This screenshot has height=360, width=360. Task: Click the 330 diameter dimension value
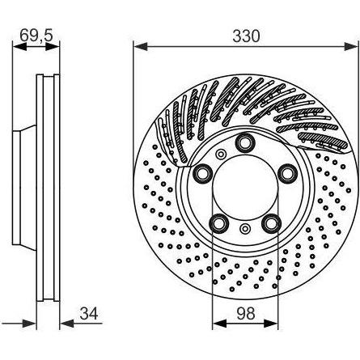(x=246, y=36)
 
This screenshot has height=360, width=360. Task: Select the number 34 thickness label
(x=89, y=313)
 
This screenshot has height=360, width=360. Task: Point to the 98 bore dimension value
(x=246, y=313)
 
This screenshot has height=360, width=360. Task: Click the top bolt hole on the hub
(x=245, y=142)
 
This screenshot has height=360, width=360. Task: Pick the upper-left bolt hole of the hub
(x=203, y=173)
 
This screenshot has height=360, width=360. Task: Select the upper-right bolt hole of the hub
(x=286, y=173)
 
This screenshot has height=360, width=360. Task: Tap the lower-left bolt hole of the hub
(x=219, y=222)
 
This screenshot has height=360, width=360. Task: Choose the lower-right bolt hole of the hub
(x=271, y=222)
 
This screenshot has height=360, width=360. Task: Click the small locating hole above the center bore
(x=220, y=154)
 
